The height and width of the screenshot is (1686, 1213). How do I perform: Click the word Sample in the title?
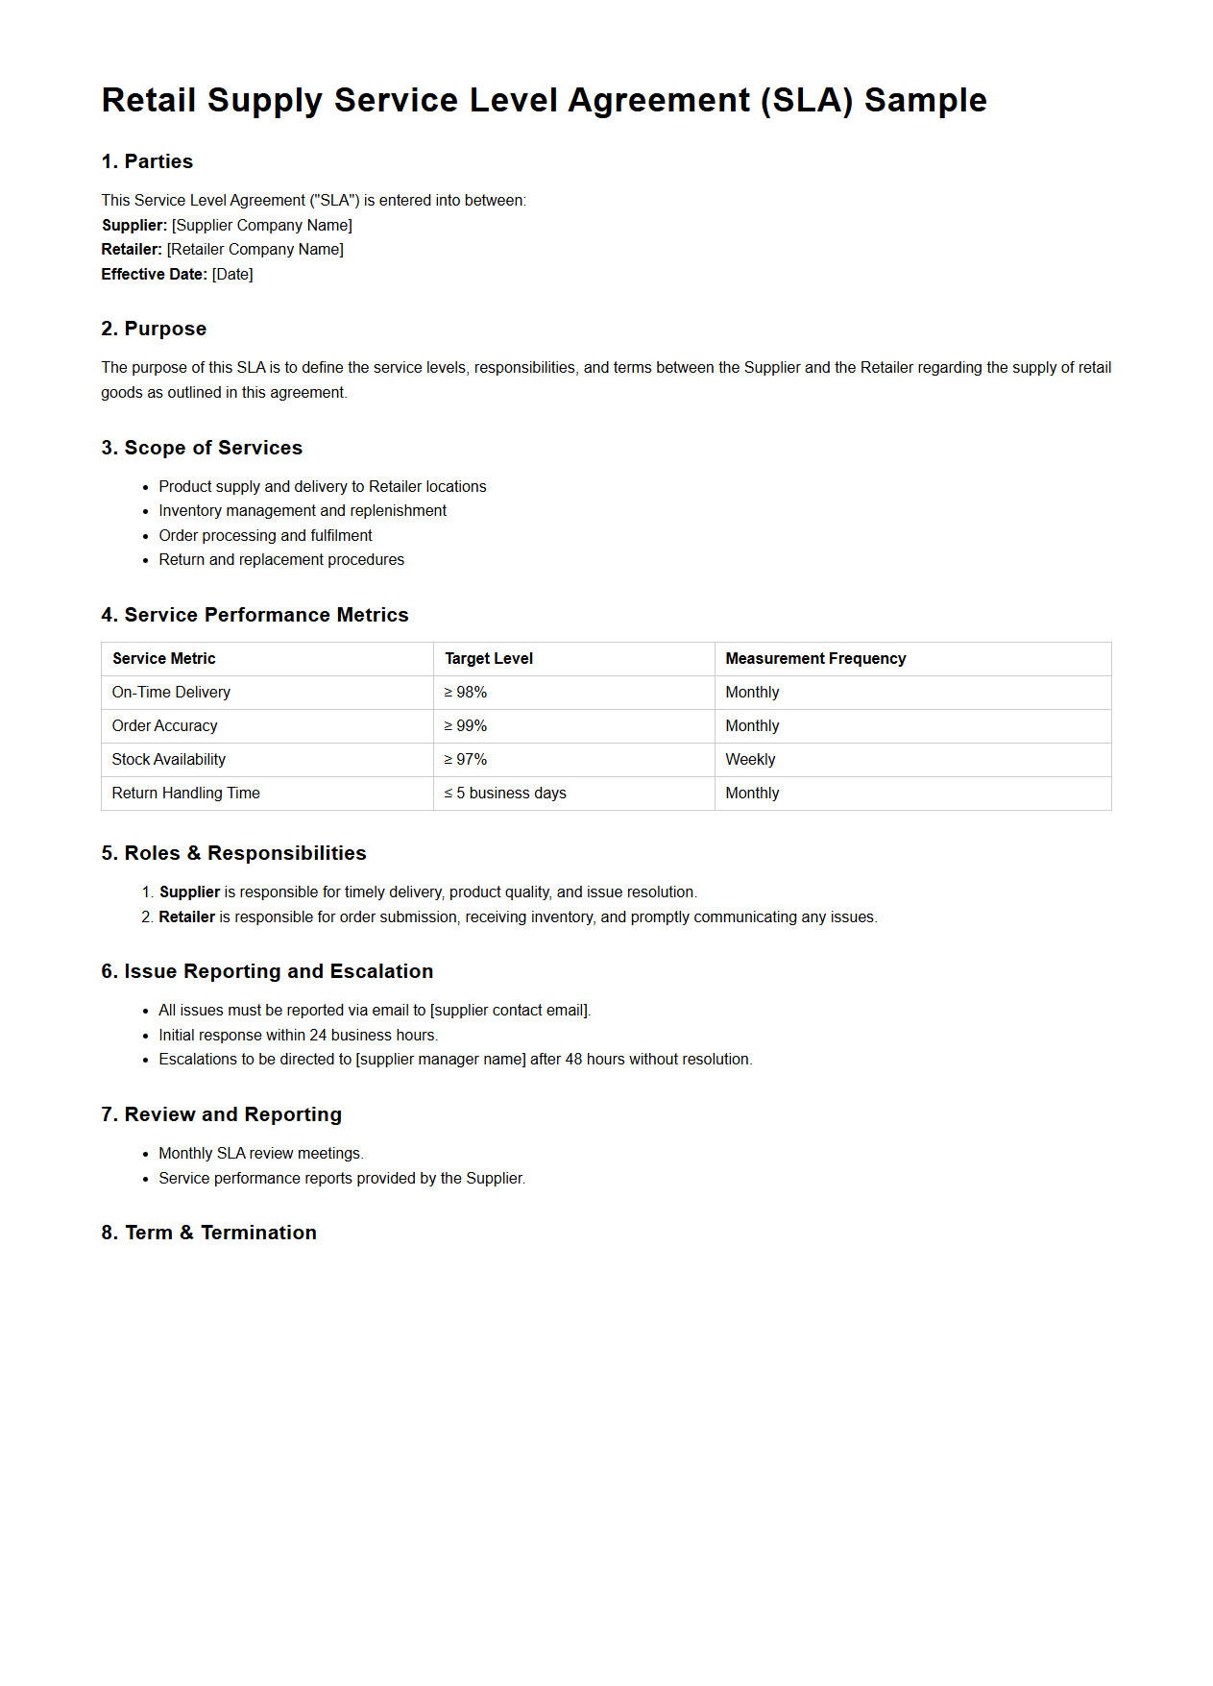pyautogui.click(x=925, y=101)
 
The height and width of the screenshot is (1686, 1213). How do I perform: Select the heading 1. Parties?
pyautogui.click(x=147, y=161)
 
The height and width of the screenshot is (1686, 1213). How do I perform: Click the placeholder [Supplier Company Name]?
pyautogui.click(x=262, y=225)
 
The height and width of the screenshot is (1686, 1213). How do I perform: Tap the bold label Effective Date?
pyautogui.click(x=154, y=274)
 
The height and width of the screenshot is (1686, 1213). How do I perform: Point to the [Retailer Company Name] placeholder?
pyautogui.click(x=255, y=249)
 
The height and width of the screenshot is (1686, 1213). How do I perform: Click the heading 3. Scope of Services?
pyautogui.click(x=202, y=448)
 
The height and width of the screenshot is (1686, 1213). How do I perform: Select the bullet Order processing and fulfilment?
pyautogui.click(x=265, y=535)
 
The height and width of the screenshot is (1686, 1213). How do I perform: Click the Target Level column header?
pyautogui.click(x=488, y=658)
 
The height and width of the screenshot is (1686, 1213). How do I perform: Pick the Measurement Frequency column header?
pyautogui.click(x=815, y=658)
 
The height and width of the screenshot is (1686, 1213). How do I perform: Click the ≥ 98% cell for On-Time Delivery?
pyautogui.click(x=466, y=692)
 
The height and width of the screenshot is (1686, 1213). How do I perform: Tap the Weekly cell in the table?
pyautogui.click(x=750, y=759)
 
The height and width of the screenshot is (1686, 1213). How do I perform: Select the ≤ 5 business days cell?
pyautogui.click(x=505, y=793)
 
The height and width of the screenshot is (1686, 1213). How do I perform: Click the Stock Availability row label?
pyautogui.click(x=169, y=759)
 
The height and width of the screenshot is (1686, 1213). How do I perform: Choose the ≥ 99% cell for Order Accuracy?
pyautogui.click(x=466, y=725)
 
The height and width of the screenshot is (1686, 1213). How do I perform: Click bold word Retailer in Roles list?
pyautogui.click(x=186, y=916)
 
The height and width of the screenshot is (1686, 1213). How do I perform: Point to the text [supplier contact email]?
pyautogui.click(x=510, y=1010)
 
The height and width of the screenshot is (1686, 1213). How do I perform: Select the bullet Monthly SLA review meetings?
pyautogui.click(x=260, y=1153)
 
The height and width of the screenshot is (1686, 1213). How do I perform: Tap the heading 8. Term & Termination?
pyautogui.click(x=208, y=1233)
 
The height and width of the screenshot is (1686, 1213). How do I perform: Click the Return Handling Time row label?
pyautogui.click(x=185, y=793)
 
